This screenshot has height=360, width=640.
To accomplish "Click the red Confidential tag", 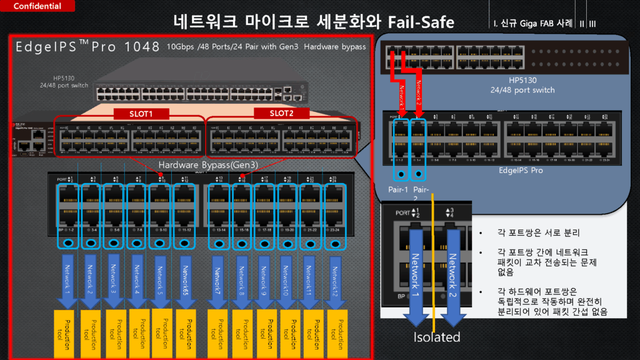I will point(37,6).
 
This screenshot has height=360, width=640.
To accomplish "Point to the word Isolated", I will point(437,337).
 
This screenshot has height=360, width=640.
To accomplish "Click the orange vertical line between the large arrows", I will point(434,262).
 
